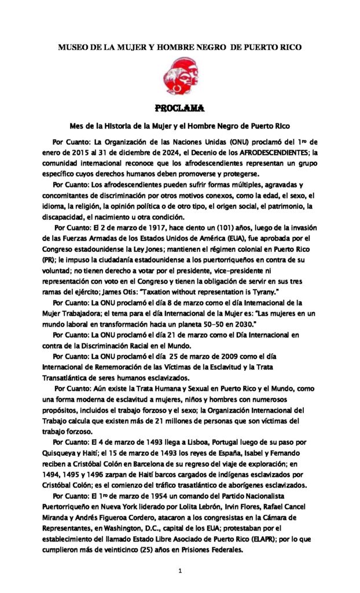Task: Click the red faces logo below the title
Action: pos(179,76)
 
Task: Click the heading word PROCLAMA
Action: pos(179,108)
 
